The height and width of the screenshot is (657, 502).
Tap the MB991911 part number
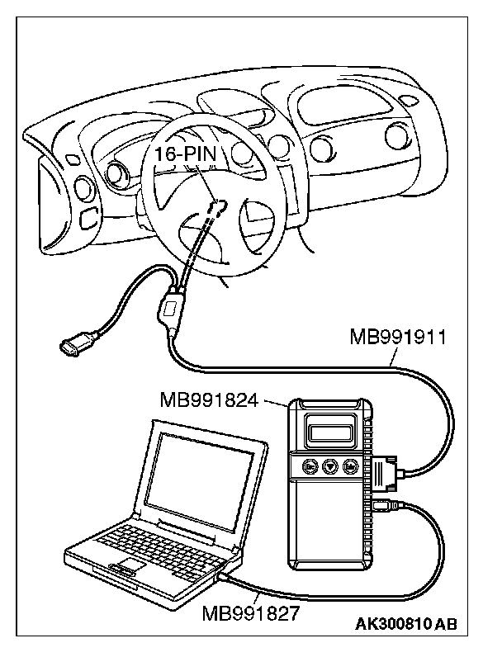click(395, 336)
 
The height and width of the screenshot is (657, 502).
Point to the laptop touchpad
click(125, 567)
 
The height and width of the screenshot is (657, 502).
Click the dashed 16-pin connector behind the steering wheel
click(216, 206)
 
